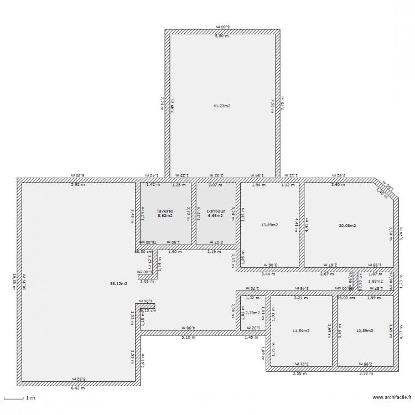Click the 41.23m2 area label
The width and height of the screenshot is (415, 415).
(222, 106)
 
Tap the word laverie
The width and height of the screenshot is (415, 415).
(165, 211)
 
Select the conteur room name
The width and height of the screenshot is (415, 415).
(216, 211)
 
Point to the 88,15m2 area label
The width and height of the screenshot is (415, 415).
(118, 283)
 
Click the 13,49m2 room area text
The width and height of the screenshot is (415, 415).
(269, 225)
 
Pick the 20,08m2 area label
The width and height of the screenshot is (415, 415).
(347, 225)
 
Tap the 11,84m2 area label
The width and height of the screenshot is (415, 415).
(301, 331)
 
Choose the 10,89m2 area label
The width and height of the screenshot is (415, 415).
(364, 331)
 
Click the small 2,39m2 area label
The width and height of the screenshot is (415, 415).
(253, 313)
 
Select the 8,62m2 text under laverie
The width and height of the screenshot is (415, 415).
(165, 216)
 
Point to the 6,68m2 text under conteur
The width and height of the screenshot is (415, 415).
(216, 216)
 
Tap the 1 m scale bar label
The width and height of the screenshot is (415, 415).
(32, 398)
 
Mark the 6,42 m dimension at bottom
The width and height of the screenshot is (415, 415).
(78, 388)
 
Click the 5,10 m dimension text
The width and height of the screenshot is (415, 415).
(189, 337)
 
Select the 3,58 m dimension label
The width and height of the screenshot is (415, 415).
(299, 374)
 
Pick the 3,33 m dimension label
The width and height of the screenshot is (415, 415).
(366, 374)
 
